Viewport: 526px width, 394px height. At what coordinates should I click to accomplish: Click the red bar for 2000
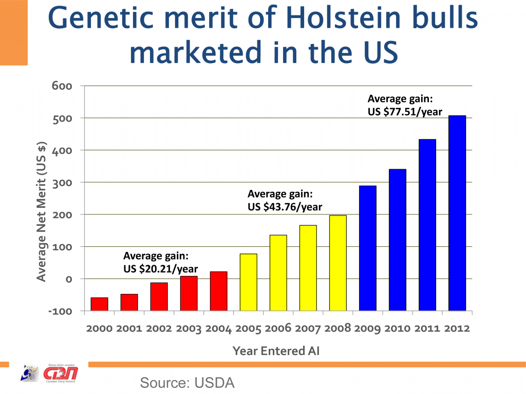point(99,304)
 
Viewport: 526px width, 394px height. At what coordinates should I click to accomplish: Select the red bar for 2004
point(219,291)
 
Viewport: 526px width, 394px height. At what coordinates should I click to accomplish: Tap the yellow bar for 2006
point(278,272)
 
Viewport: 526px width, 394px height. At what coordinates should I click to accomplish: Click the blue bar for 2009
point(368,248)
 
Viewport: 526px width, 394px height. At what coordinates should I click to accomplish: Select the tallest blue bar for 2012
point(457,213)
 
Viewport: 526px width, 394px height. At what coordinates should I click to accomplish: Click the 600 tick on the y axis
point(61,86)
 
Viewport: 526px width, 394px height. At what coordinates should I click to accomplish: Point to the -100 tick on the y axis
point(61,311)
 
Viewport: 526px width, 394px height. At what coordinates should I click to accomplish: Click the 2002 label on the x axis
point(159,329)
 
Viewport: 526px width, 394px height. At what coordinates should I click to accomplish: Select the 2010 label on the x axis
point(398,329)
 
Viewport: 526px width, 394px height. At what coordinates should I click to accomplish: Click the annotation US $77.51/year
point(405,111)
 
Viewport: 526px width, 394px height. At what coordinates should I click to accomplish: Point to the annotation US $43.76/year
point(285,207)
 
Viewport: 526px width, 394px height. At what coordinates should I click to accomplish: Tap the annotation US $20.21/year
point(160,268)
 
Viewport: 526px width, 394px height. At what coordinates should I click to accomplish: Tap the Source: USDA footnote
point(187,382)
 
